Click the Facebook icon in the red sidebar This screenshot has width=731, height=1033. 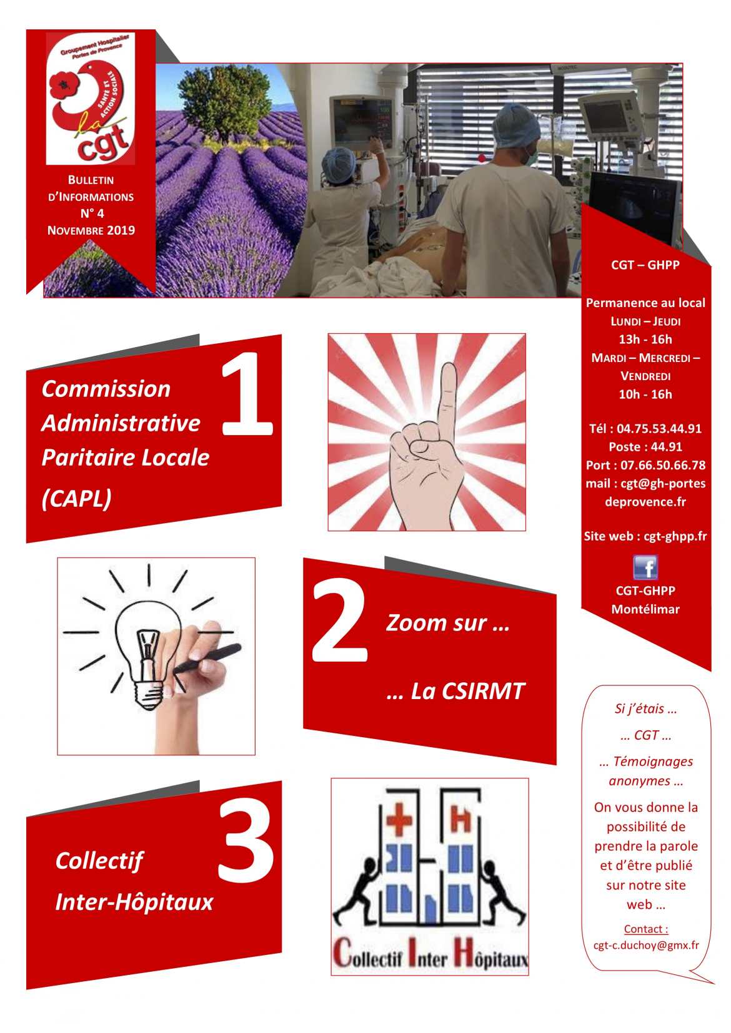point(645,567)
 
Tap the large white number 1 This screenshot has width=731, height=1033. point(247,394)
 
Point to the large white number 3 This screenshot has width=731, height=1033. point(246,840)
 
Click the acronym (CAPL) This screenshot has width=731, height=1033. point(77,498)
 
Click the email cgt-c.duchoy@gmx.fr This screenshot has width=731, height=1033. point(646,945)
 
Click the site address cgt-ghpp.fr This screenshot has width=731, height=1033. point(675,536)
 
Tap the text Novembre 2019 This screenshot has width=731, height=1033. point(91,230)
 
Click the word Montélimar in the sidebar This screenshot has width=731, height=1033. point(645,609)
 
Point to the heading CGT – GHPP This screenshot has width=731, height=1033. point(645,265)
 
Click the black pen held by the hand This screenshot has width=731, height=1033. point(209,659)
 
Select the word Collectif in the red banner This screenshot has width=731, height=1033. point(99,861)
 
